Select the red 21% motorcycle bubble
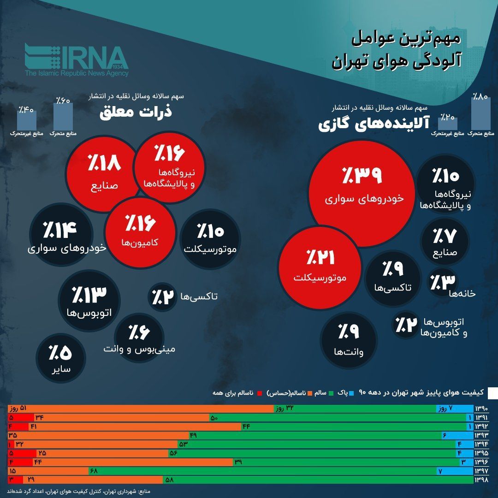pyautogui.click(x=318, y=265)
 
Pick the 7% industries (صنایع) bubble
pyautogui.click(x=445, y=240)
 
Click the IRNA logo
pyautogui.click(x=77, y=60)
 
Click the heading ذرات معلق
pyautogui.click(x=136, y=113)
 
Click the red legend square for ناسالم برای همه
pyautogui.click(x=260, y=393)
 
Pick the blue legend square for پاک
pyautogui.click(x=352, y=393)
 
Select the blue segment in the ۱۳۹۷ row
pyautogui.click(x=455, y=471)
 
